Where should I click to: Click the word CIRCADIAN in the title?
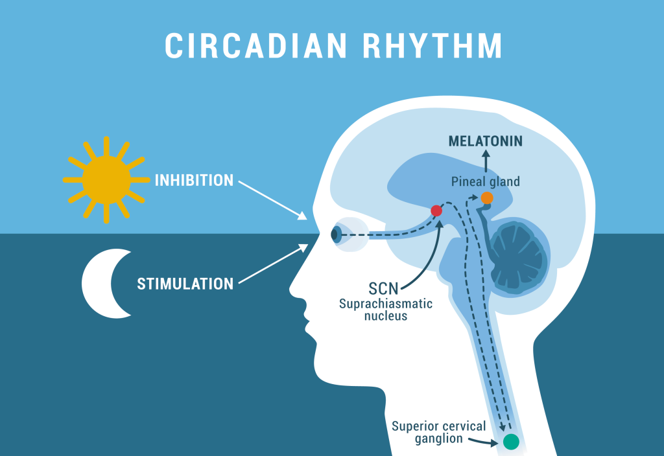tap(255, 45)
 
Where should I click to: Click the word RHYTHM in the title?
tap(433, 45)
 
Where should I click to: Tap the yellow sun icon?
tap(106, 180)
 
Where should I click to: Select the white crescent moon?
tap(106, 284)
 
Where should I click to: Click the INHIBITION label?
tap(194, 180)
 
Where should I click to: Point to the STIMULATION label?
tap(185, 284)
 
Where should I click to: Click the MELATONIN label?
tap(485, 141)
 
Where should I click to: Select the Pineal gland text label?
tap(485, 181)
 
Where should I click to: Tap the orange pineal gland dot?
tap(487, 198)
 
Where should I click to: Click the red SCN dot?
tap(436, 211)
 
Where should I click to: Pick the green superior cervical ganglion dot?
tap(511, 442)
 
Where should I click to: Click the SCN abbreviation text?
tap(383, 288)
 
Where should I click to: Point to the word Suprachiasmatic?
tap(386, 304)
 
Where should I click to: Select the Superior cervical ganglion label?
tap(439, 432)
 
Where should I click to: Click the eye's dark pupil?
tap(335, 234)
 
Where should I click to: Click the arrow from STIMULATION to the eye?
tap(274, 263)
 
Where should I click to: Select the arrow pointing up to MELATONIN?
tap(486, 161)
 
